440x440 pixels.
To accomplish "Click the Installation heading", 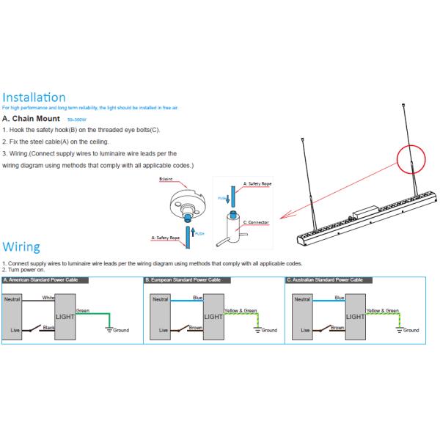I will coord(34,98).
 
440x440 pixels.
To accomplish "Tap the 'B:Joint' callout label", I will coord(166,179).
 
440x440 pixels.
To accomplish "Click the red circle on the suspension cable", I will coord(411,158).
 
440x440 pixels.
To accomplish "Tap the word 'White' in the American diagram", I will coord(48,298).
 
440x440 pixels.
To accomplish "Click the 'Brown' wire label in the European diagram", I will coord(195,328).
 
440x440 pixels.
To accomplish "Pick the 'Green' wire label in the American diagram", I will coord(83,311).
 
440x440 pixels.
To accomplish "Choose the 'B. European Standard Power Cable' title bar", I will coord(183,280).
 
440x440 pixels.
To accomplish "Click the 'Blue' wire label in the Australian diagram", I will coord(339,298).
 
